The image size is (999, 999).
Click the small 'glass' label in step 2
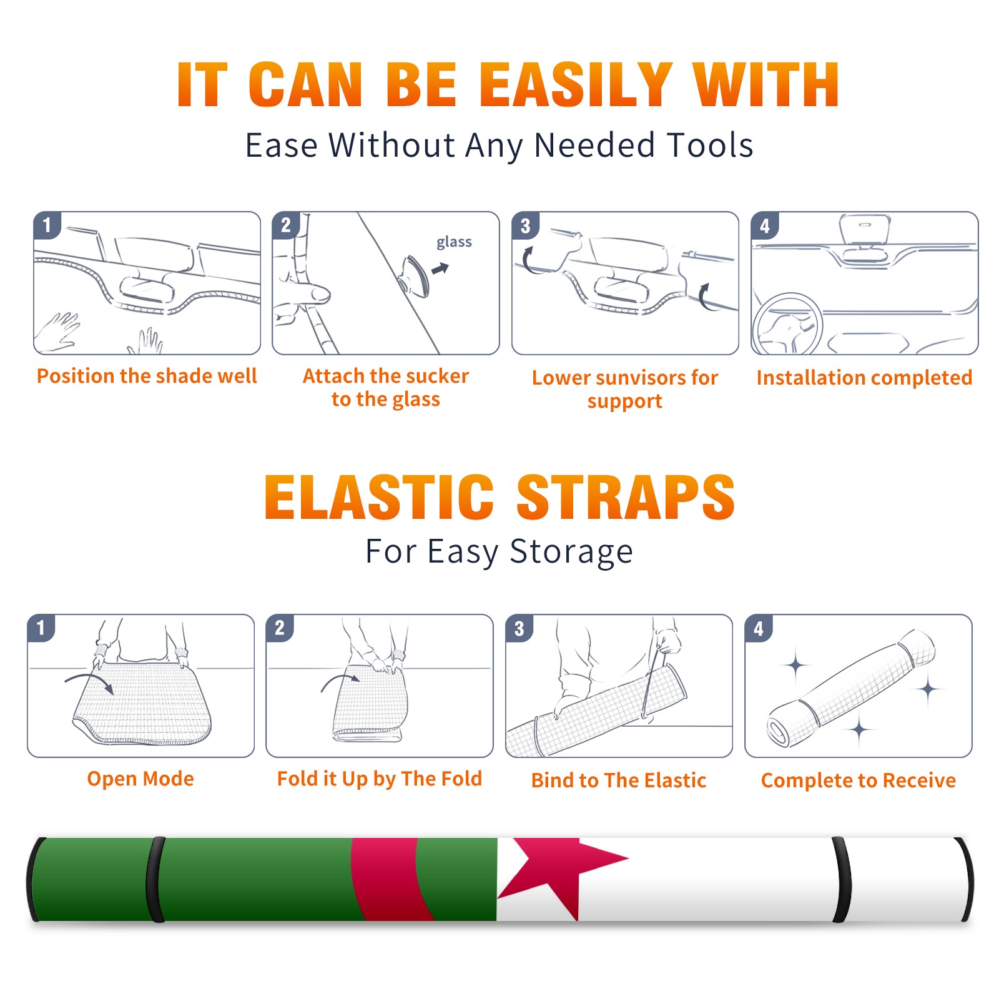454,242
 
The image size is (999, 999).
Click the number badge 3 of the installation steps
525,225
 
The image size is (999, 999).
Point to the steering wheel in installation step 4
788,323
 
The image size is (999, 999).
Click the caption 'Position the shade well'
147,376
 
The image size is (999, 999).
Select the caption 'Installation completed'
864,378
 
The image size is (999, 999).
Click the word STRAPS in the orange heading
626,497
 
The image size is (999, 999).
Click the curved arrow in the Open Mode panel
89,682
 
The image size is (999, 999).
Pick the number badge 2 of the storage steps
280,627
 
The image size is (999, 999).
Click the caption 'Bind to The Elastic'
618,780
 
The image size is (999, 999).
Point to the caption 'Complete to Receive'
859,780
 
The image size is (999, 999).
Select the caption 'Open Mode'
140,779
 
